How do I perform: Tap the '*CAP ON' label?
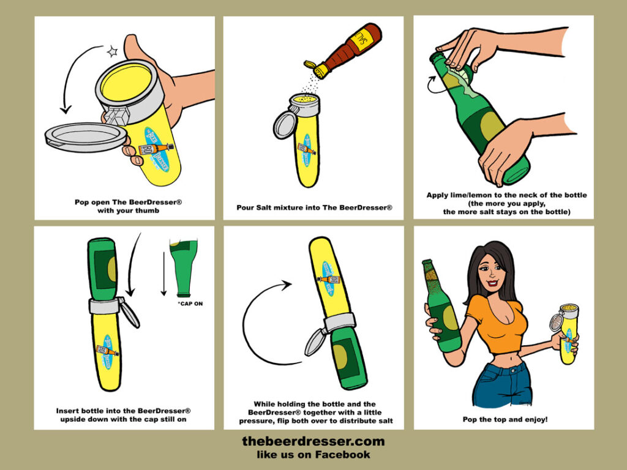pyautogui.click(x=190, y=304)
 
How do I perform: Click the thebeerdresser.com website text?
pyautogui.click(x=313, y=441)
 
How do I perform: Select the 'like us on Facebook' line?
pyautogui.click(x=313, y=455)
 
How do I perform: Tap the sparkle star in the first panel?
pyautogui.click(x=113, y=51)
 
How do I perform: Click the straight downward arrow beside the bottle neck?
pyautogui.click(x=163, y=274)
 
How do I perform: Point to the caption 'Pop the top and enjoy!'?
pyautogui.click(x=505, y=419)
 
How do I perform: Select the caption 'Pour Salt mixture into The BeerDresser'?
pyautogui.click(x=314, y=207)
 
